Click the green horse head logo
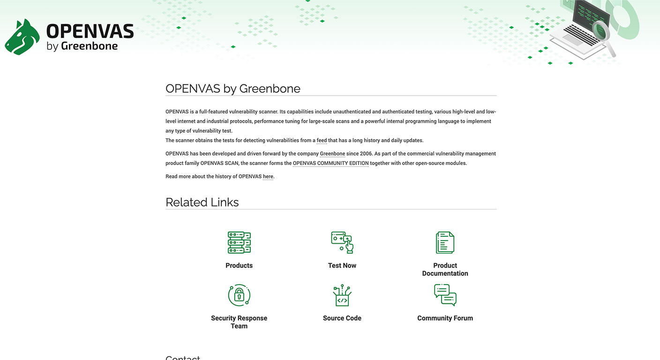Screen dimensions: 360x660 pos(22,37)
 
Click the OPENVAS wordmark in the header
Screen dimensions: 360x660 pos(90,31)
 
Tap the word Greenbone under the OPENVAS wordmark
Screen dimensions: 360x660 pos(89,46)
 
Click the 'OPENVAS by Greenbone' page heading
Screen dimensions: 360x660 pos(233,89)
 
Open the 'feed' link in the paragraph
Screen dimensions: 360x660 pos(322,140)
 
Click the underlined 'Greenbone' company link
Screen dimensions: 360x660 pos(332,154)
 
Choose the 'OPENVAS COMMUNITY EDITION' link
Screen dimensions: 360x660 pos(330,163)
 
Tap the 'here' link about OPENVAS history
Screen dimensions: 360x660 pos(268,177)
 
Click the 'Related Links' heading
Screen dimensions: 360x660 pos(202,202)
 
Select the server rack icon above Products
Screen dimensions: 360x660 pos(239,242)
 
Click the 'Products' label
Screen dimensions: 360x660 pos(239,265)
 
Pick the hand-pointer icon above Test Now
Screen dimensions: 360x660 pos(342,242)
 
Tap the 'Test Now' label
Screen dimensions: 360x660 pos(342,265)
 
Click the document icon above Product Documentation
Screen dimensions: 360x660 pos(445,242)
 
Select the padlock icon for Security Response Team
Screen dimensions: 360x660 pos(239,295)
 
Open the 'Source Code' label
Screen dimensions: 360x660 pos(342,318)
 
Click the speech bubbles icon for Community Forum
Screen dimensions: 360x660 pos(445,295)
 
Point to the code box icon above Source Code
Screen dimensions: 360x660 pos(342,295)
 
